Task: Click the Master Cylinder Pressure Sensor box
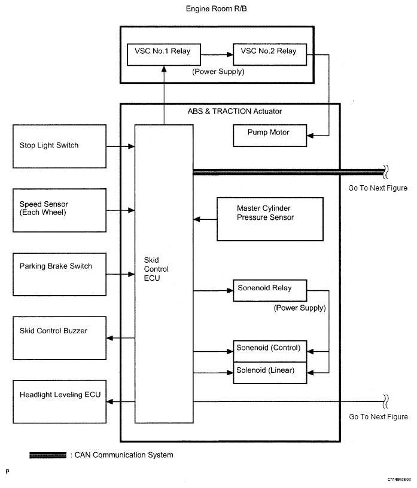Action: coord(269,219)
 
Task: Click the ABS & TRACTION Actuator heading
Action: coord(230,111)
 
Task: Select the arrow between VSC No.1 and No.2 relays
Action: coord(216,54)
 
